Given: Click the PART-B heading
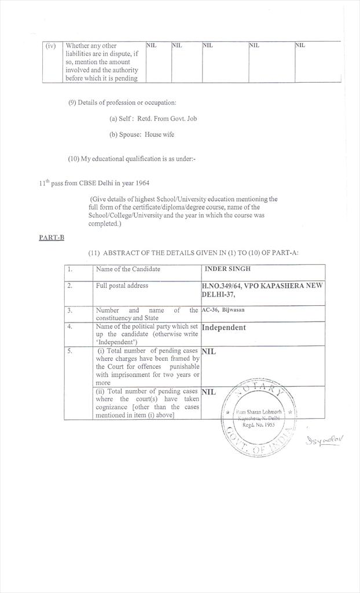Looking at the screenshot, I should pos(52,237).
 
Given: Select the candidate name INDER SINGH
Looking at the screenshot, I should pos(227,269).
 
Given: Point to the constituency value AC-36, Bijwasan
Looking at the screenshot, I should pos(223,310).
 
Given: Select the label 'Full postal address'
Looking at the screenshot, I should pos(122,285).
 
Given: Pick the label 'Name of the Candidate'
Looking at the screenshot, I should pos(128,269).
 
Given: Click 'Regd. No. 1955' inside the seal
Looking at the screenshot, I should pos(258,424).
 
